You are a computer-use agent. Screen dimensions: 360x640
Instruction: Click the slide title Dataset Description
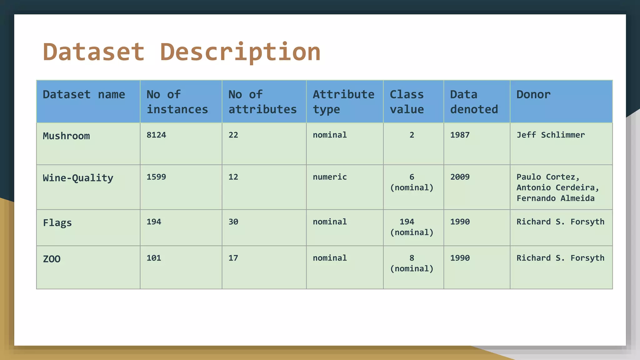(182, 52)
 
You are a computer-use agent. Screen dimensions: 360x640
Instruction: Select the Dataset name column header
(84, 94)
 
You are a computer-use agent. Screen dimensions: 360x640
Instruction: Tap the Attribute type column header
(343, 102)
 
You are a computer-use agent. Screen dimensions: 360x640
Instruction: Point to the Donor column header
(533, 94)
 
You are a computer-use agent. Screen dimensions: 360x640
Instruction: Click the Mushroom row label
(66, 136)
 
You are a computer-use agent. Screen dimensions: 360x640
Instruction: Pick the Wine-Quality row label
(78, 178)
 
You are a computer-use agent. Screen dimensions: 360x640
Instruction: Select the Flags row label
(57, 223)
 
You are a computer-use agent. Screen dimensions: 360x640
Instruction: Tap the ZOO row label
(52, 259)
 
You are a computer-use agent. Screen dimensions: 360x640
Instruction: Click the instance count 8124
(156, 135)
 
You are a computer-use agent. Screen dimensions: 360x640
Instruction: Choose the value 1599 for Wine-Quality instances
(156, 177)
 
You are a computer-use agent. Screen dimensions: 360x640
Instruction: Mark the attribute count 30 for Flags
(233, 222)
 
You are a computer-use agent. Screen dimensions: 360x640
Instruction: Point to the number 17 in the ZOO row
(233, 258)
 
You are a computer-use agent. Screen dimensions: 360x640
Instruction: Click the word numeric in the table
(330, 177)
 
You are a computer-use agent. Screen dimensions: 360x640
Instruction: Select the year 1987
(460, 135)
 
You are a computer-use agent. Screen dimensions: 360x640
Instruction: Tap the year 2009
(460, 177)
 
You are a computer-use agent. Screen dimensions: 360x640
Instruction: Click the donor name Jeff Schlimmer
(550, 135)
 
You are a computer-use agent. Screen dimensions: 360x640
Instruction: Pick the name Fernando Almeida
(555, 198)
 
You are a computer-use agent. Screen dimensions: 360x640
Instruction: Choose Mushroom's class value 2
(412, 135)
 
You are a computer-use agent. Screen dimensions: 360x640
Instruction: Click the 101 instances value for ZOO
(154, 258)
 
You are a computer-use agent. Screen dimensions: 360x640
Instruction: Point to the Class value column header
(407, 102)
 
